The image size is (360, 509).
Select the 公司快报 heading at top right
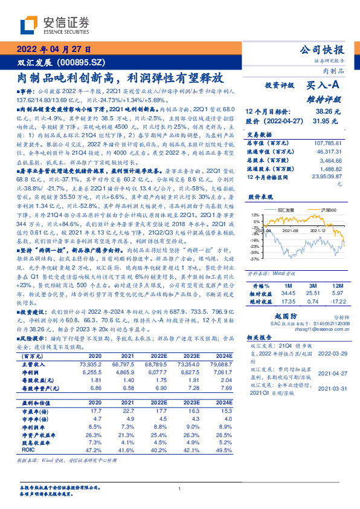(321, 49)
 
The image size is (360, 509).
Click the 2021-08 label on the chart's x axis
(291, 230)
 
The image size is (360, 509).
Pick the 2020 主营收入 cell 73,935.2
(89, 365)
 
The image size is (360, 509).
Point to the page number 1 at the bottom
(180, 488)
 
